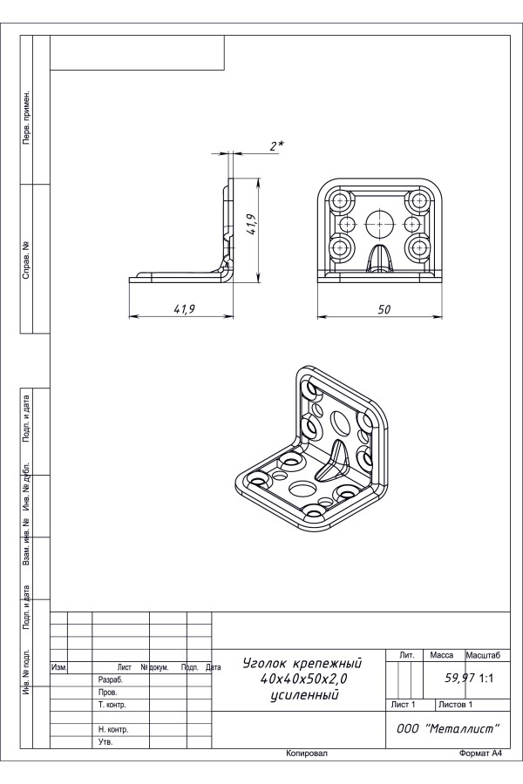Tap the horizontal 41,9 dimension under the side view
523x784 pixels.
[184, 309]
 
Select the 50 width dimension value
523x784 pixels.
[384, 309]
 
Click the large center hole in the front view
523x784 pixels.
[379, 224]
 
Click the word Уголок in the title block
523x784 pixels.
[264, 664]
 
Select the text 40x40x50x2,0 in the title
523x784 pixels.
[303, 679]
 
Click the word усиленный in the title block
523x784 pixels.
[304, 695]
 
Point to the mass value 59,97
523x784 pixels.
[460, 678]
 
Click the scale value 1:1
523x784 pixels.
[486, 679]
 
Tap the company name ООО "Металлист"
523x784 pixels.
[448, 728]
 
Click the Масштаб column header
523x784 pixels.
[483, 655]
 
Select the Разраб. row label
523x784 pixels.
[111, 680]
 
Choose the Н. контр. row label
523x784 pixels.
[113, 729]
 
